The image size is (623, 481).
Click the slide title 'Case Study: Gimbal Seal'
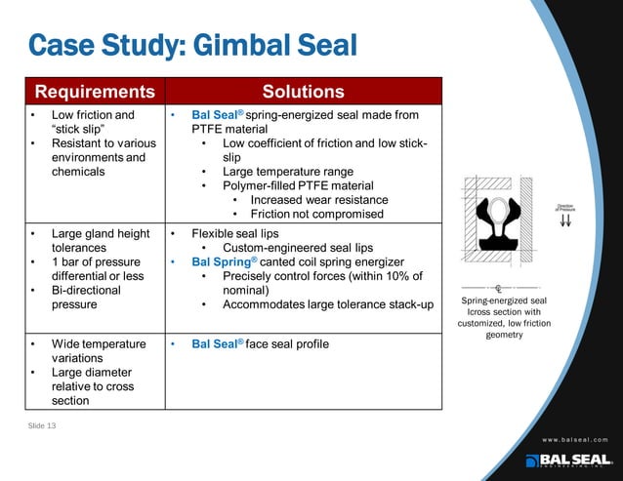[192, 45]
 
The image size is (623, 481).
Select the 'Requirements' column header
[95, 92]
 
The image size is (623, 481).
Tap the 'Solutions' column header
[303, 92]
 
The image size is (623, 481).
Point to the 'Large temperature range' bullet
[288, 171]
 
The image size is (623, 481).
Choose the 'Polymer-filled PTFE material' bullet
[298, 185]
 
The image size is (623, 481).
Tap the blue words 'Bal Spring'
[224, 262]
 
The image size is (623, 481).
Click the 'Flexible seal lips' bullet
[234, 234]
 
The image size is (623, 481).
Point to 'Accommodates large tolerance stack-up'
[327, 304]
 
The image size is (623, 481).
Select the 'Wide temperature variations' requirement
[98, 351]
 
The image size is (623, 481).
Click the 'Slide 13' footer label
[42, 425]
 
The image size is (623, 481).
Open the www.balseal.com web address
[575, 440]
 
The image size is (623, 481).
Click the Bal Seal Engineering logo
[567, 461]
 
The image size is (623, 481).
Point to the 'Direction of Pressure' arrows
[565, 220]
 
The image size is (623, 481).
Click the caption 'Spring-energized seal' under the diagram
[504, 301]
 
